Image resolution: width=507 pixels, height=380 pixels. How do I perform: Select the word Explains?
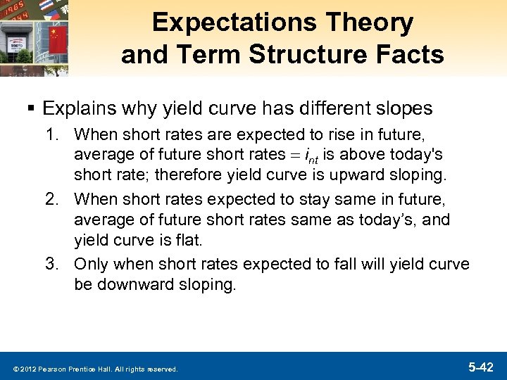tap(77, 108)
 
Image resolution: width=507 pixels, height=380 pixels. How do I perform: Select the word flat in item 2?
tap(189, 240)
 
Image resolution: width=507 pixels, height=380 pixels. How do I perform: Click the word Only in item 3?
tap(89, 263)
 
